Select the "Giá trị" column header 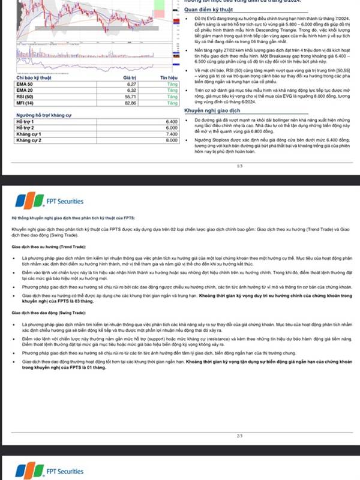click(130, 78)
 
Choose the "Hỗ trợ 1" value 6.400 click(171, 122)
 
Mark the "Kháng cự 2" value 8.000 click(171, 140)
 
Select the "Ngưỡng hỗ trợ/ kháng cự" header click(43, 114)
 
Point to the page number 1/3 click(239, 166)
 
